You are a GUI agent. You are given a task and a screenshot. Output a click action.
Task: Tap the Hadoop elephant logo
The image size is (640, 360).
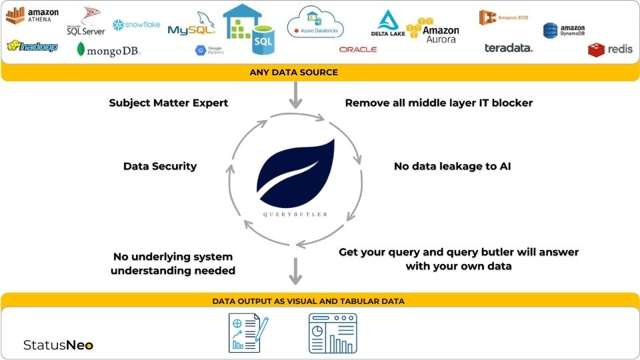coord(33,47)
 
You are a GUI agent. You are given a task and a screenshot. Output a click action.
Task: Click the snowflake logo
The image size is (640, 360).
coord(137,25)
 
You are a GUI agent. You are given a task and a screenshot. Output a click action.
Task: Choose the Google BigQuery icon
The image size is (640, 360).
coord(208,50)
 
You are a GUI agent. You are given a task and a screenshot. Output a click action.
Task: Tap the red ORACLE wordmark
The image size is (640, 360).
coord(357,49)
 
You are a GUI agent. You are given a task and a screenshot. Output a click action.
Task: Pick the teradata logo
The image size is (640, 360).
coord(508,48)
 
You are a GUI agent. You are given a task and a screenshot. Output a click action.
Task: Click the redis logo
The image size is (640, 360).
coord(610,49)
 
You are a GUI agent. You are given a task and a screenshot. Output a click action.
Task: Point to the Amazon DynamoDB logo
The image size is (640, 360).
coord(564,30)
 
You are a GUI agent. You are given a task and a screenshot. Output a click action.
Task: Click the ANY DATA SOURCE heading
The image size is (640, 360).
coord(293,72)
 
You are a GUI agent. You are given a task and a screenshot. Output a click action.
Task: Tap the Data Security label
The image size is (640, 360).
coord(160,166)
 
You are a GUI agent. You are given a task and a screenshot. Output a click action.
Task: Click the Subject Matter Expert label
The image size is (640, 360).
coord(169,103)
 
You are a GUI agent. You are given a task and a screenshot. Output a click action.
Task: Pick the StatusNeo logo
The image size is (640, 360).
coord(58,345)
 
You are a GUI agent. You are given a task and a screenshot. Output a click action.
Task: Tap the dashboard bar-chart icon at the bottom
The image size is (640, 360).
coord(333,333)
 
